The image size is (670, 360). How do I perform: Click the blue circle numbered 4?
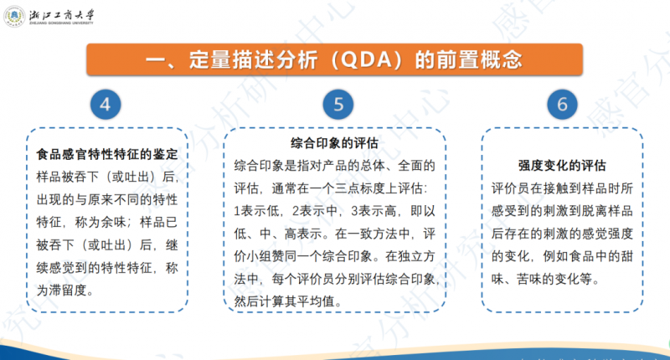(105, 105)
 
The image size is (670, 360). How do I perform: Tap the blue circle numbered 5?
(338, 105)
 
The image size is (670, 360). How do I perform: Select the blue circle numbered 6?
(562, 105)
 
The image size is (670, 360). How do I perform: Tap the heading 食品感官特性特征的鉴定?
(106, 155)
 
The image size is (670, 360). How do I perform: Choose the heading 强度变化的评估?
(562, 165)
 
